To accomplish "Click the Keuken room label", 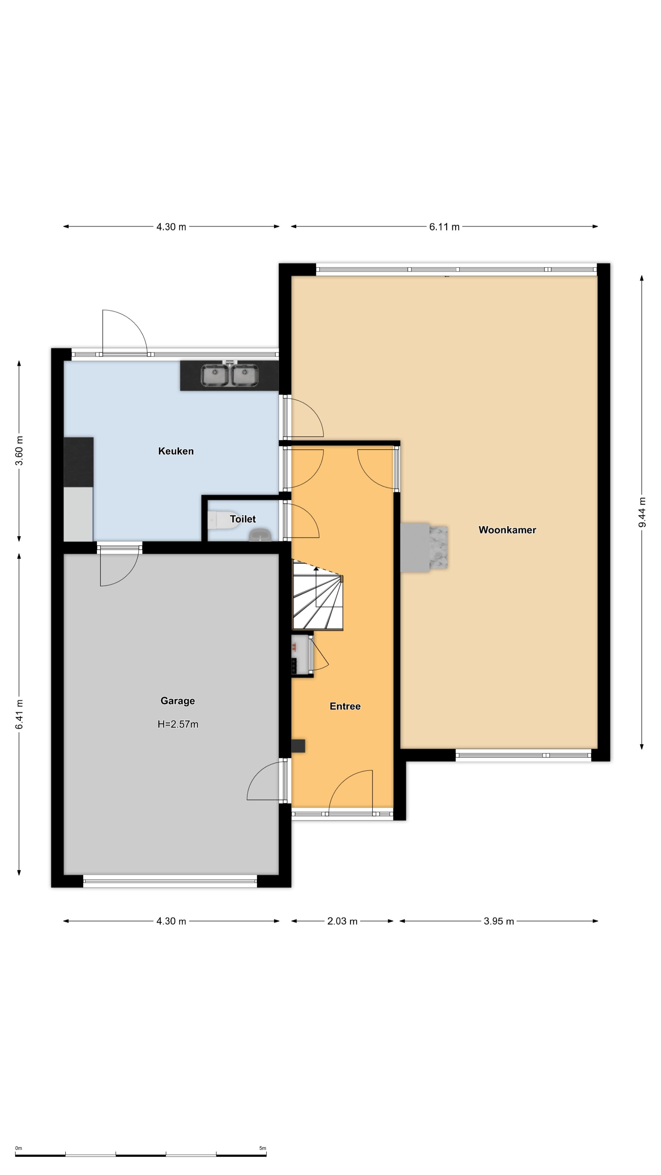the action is tap(176, 451).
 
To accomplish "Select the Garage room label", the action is tap(177, 701).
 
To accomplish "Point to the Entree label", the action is tap(345, 706).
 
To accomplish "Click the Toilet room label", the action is tap(243, 519).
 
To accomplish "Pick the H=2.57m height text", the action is tap(177, 724).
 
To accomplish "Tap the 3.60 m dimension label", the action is tap(19, 451).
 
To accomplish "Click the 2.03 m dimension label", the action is tap(342, 921).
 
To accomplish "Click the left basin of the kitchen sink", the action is tap(215, 375).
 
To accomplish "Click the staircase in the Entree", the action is tap(317, 595).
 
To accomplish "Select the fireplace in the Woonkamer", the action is tap(424, 547).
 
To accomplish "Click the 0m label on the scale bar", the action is tap(19, 1148).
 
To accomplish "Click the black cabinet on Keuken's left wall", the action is tap(78, 462).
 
